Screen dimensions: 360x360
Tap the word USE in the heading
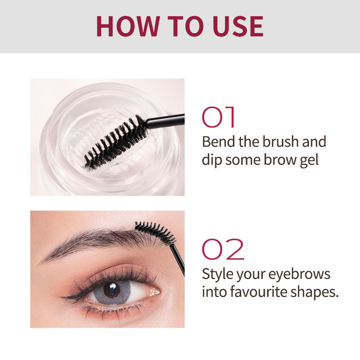238,26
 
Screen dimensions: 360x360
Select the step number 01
218,117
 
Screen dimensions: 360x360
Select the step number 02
223,249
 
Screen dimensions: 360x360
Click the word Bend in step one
219,141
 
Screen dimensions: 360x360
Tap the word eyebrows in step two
299,274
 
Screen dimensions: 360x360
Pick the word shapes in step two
314,292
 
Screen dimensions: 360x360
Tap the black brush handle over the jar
165,121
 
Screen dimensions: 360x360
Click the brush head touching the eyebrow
155,232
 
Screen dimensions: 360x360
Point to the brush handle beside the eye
177,259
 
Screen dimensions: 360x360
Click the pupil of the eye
112,290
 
